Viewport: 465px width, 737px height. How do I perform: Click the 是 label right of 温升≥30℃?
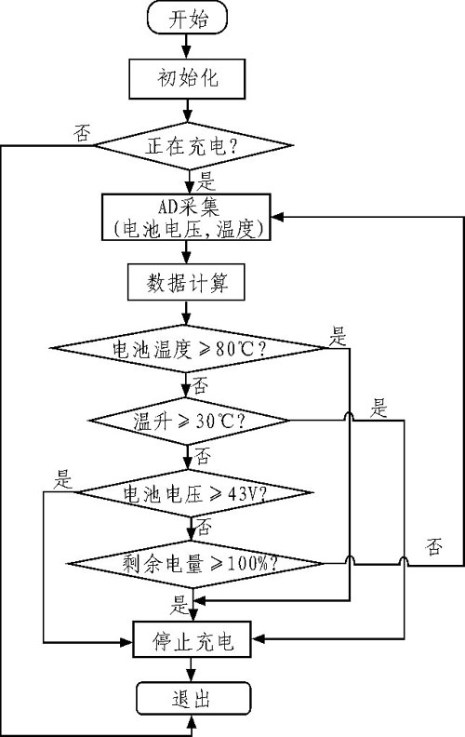click(379, 407)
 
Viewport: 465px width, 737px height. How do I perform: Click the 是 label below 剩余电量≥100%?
click(179, 603)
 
